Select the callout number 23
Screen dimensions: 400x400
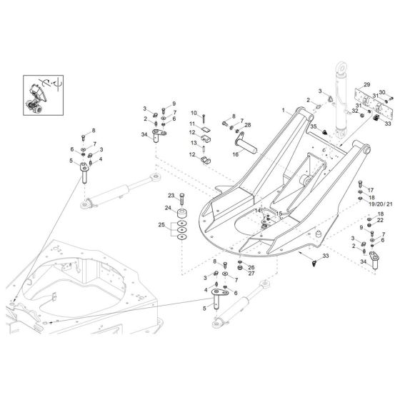point(171,195)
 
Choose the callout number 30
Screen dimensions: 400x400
point(382,92)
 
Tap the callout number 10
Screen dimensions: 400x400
point(194,113)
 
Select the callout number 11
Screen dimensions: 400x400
point(192,124)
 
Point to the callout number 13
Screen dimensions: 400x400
point(193,143)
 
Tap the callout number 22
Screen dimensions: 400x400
point(380,221)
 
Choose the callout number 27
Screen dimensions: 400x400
point(231,273)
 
